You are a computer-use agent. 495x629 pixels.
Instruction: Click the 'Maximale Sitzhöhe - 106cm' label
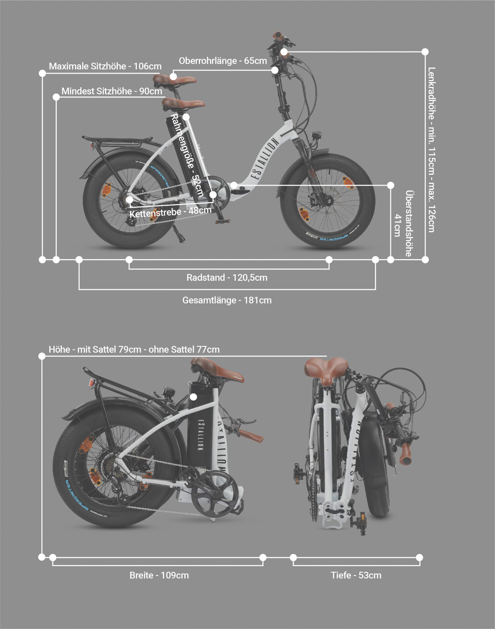[x=105, y=66]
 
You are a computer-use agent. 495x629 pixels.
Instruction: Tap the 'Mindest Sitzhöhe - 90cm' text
[x=112, y=91]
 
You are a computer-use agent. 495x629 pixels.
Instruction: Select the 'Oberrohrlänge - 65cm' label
[x=223, y=61]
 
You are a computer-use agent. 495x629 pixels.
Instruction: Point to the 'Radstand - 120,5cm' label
[x=227, y=277]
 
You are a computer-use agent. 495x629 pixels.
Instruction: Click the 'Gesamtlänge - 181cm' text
[x=227, y=300]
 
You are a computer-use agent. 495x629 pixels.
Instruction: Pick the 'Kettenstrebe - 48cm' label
[x=170, y=212]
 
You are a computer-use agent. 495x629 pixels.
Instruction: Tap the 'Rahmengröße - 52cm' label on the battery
[x=187, y=155]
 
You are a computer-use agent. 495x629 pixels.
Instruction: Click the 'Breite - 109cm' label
[x=159, y=575]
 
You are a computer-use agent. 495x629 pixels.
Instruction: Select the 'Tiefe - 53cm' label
[x=356, y=575]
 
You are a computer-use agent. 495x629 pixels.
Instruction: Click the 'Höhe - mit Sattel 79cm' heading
[x=95, y=349]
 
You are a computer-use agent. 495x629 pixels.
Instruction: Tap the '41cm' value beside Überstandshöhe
[x=397, y=226]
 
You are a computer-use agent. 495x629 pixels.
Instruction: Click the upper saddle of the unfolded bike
[x=174, y=80]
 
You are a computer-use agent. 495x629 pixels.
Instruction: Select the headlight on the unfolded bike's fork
[x=317, y=135]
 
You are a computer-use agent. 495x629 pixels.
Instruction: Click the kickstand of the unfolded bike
[x=178, y=234]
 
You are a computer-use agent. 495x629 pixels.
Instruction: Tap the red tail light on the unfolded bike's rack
[x=94, y=145]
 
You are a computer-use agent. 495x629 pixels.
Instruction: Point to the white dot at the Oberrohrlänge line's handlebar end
[x=274, y=70]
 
